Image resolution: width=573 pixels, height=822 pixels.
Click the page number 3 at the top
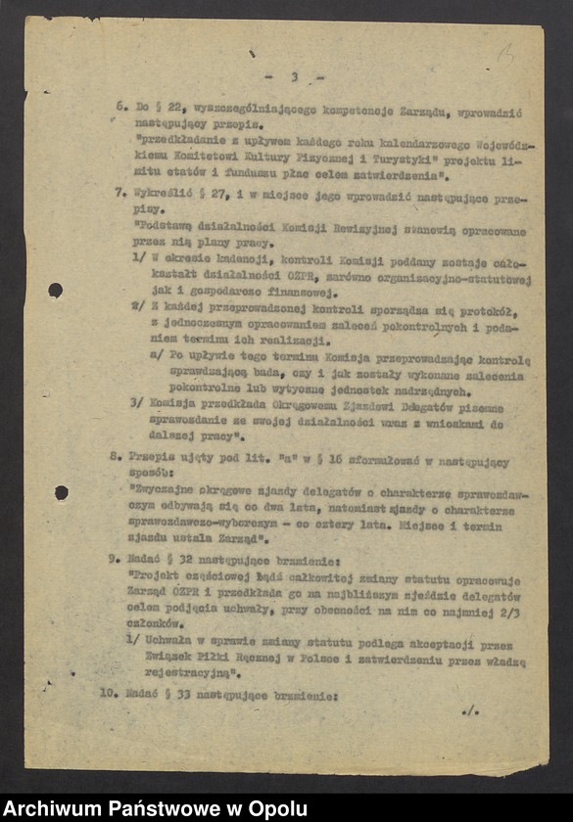tap(293, 77)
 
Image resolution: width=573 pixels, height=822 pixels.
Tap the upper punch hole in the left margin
tap(55, 290)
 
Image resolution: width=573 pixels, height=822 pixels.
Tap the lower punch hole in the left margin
tap(61, 492)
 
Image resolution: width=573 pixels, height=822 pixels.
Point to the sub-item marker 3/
tap(138, 407)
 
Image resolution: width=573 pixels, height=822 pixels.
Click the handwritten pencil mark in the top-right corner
tap(505, 56)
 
